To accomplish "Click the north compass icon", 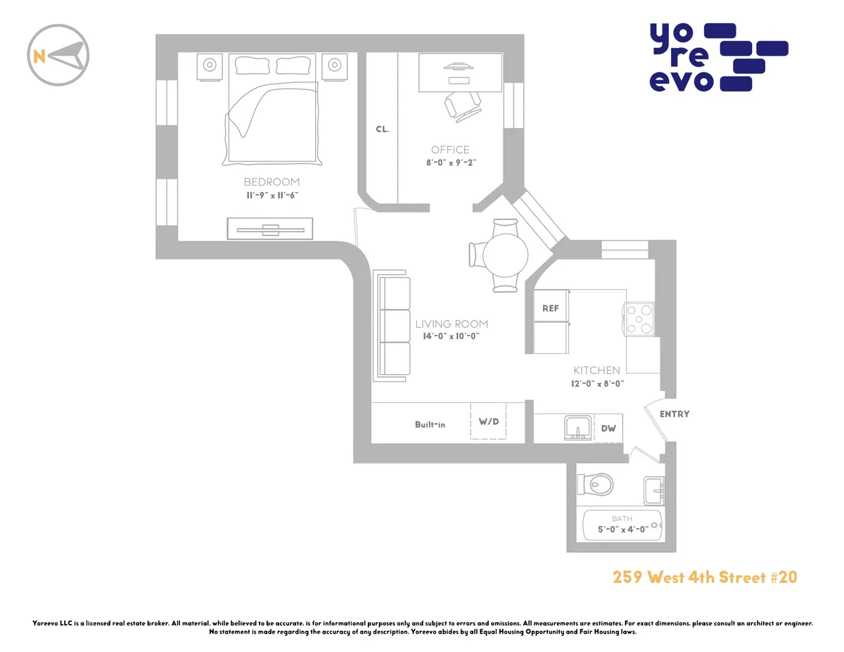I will [x=58, y=56].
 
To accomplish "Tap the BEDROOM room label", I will [x=271, y=181].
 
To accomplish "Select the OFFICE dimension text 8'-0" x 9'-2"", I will [x=450, y=162].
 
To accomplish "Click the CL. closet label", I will [x=382, y=129].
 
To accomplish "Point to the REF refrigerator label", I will [x=551, y=308].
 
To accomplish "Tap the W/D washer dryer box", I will [x=489, y=422].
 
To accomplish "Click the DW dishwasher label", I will [x=608, y=428].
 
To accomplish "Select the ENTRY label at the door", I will [x=674, y=414].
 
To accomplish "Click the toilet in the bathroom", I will [x=595, y=484].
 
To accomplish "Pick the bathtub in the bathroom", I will [x=623, y=524].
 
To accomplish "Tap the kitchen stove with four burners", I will [x=639, y=317].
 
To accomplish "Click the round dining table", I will [x=505, y=255].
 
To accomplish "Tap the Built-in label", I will [x=430, y=424].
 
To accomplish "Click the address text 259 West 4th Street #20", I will [x=704, y=577].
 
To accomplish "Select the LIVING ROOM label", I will [x=452, y=324].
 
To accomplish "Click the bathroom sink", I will [x=655, y=489].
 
